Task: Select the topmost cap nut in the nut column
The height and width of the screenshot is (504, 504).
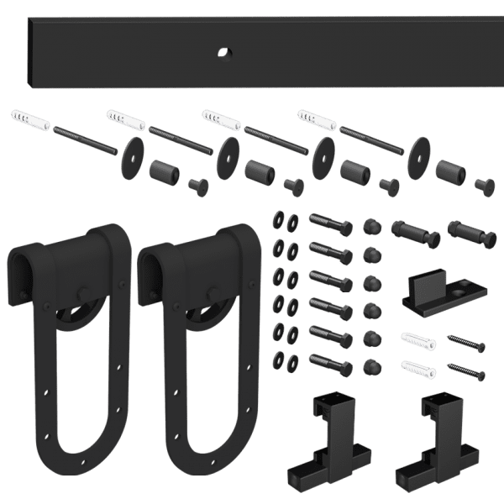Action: [x=369, y=226]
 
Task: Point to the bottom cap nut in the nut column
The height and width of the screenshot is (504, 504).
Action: [x=369, y=365]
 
